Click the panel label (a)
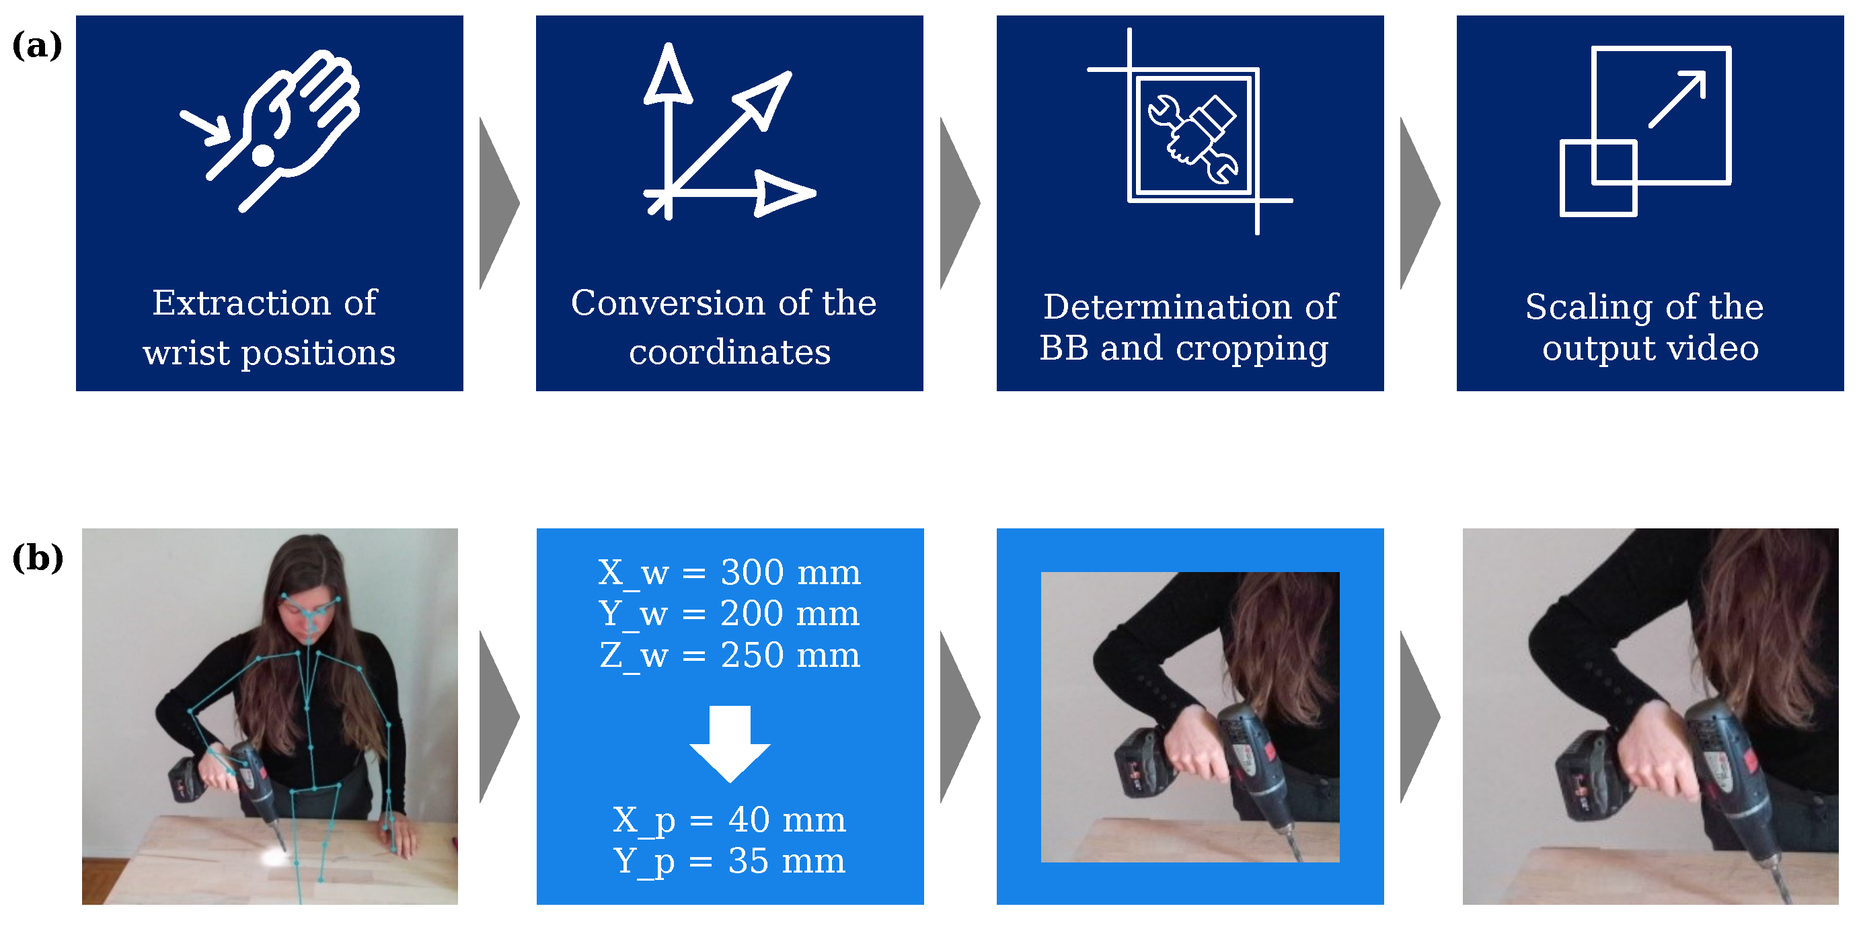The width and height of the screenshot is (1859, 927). [37, 46]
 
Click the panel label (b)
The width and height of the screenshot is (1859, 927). [38, 559]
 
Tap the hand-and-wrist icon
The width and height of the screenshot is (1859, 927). [270, 130]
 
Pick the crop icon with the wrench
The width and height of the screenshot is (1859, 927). [1190, 131]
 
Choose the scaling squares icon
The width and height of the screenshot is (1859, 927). [1645, 131]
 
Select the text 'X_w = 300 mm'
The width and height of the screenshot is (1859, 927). [730, 573]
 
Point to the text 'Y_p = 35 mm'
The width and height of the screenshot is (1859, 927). [730, 862]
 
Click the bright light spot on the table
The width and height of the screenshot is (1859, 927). [276, 856]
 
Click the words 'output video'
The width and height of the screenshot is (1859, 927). [1651, 349]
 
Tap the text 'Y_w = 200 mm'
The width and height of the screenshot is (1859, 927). [730, 614]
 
